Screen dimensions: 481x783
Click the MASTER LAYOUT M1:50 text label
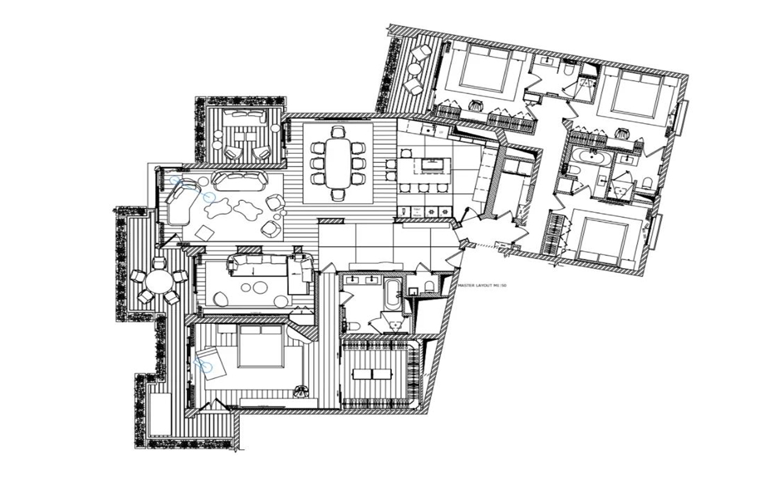coord(483,287)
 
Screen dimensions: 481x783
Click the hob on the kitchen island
coord(431,164)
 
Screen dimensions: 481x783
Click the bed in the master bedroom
coord(260,347)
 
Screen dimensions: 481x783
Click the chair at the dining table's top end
coord(339,131)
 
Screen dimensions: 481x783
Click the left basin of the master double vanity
coord(353,280)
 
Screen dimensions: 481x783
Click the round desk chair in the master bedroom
coord(300,391)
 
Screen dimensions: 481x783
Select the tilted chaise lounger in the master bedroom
coord(210,361)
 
